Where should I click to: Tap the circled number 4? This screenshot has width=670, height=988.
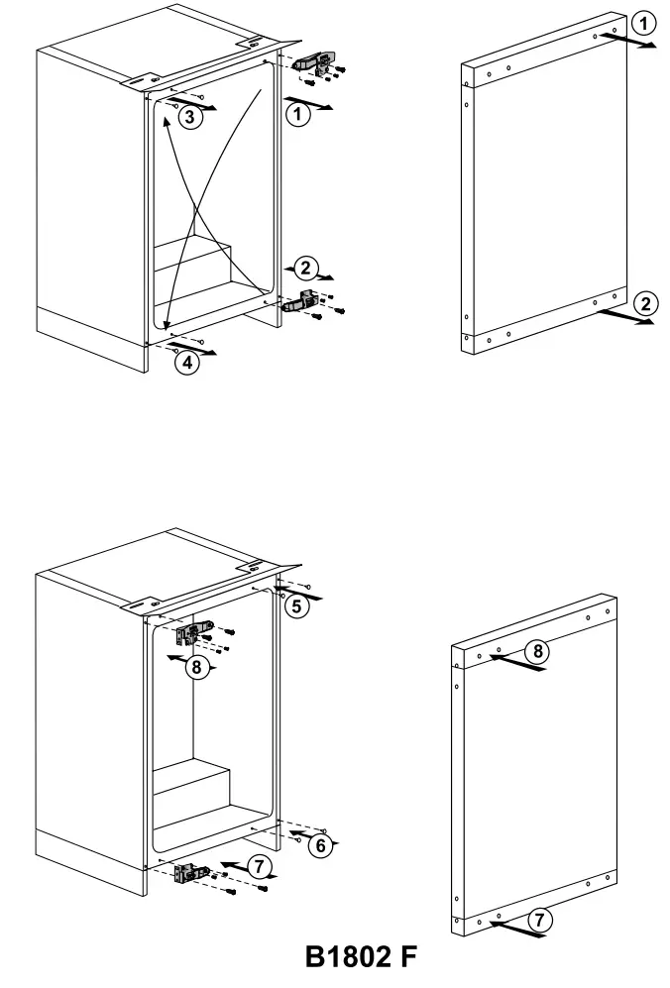pos(186,363)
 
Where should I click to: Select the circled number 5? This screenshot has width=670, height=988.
pos(294,607)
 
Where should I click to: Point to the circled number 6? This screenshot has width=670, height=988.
pos(317,845)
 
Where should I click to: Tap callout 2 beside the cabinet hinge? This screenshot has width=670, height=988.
pos(305,268)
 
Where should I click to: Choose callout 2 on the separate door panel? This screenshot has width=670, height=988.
pos(644,303)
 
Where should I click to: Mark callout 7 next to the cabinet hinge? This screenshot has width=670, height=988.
pos(260,867)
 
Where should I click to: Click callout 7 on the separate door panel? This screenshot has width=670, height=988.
pos(538,919)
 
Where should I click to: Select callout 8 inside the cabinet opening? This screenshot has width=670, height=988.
pos(196,667)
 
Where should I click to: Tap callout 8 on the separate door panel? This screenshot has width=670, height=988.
pos(536,650)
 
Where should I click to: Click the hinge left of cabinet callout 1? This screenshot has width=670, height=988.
pos(319,62)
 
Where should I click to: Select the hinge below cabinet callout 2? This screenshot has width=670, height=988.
pos(302,302)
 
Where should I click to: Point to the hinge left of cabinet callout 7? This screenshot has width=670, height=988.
pos(188,873)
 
